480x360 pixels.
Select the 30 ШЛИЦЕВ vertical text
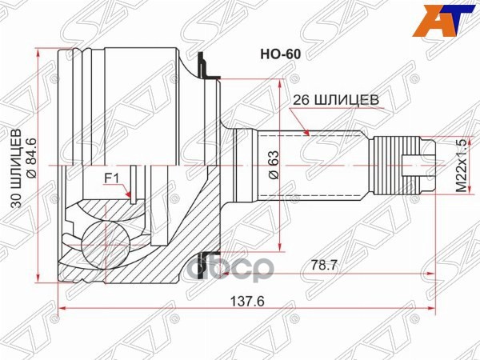click(x=14, y=169)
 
